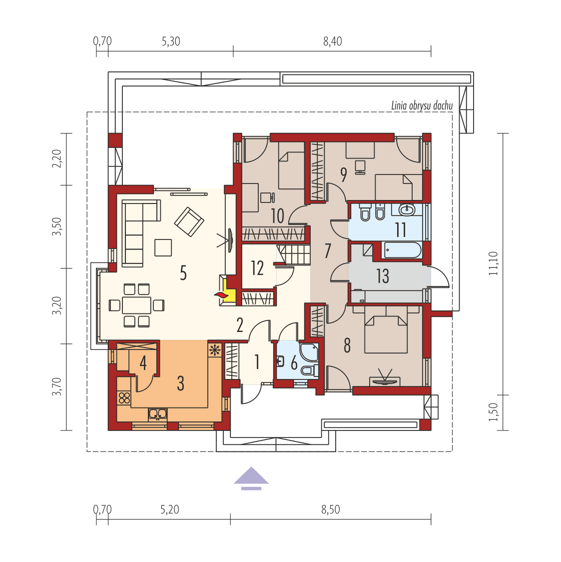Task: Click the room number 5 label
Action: (x=183, y=273)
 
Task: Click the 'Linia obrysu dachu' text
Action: (x=422, y=105)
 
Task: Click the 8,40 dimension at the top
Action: (x=332, y=41)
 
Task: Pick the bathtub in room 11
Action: (x=402, y=250)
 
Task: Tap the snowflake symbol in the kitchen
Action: (x=215, y=349)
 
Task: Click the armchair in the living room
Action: (x=189, y=221)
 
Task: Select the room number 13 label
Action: (x=383, y=276)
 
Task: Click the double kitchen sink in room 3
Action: (x=158, y=413)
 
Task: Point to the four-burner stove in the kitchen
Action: (x=124, y=398)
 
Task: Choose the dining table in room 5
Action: (x=136, y=305)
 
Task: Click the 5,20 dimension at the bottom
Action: (x=170, y=509)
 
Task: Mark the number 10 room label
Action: (x=277, y=216)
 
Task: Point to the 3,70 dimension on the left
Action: (x=58, y=386)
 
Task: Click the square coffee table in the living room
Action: (x=163, y=247)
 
